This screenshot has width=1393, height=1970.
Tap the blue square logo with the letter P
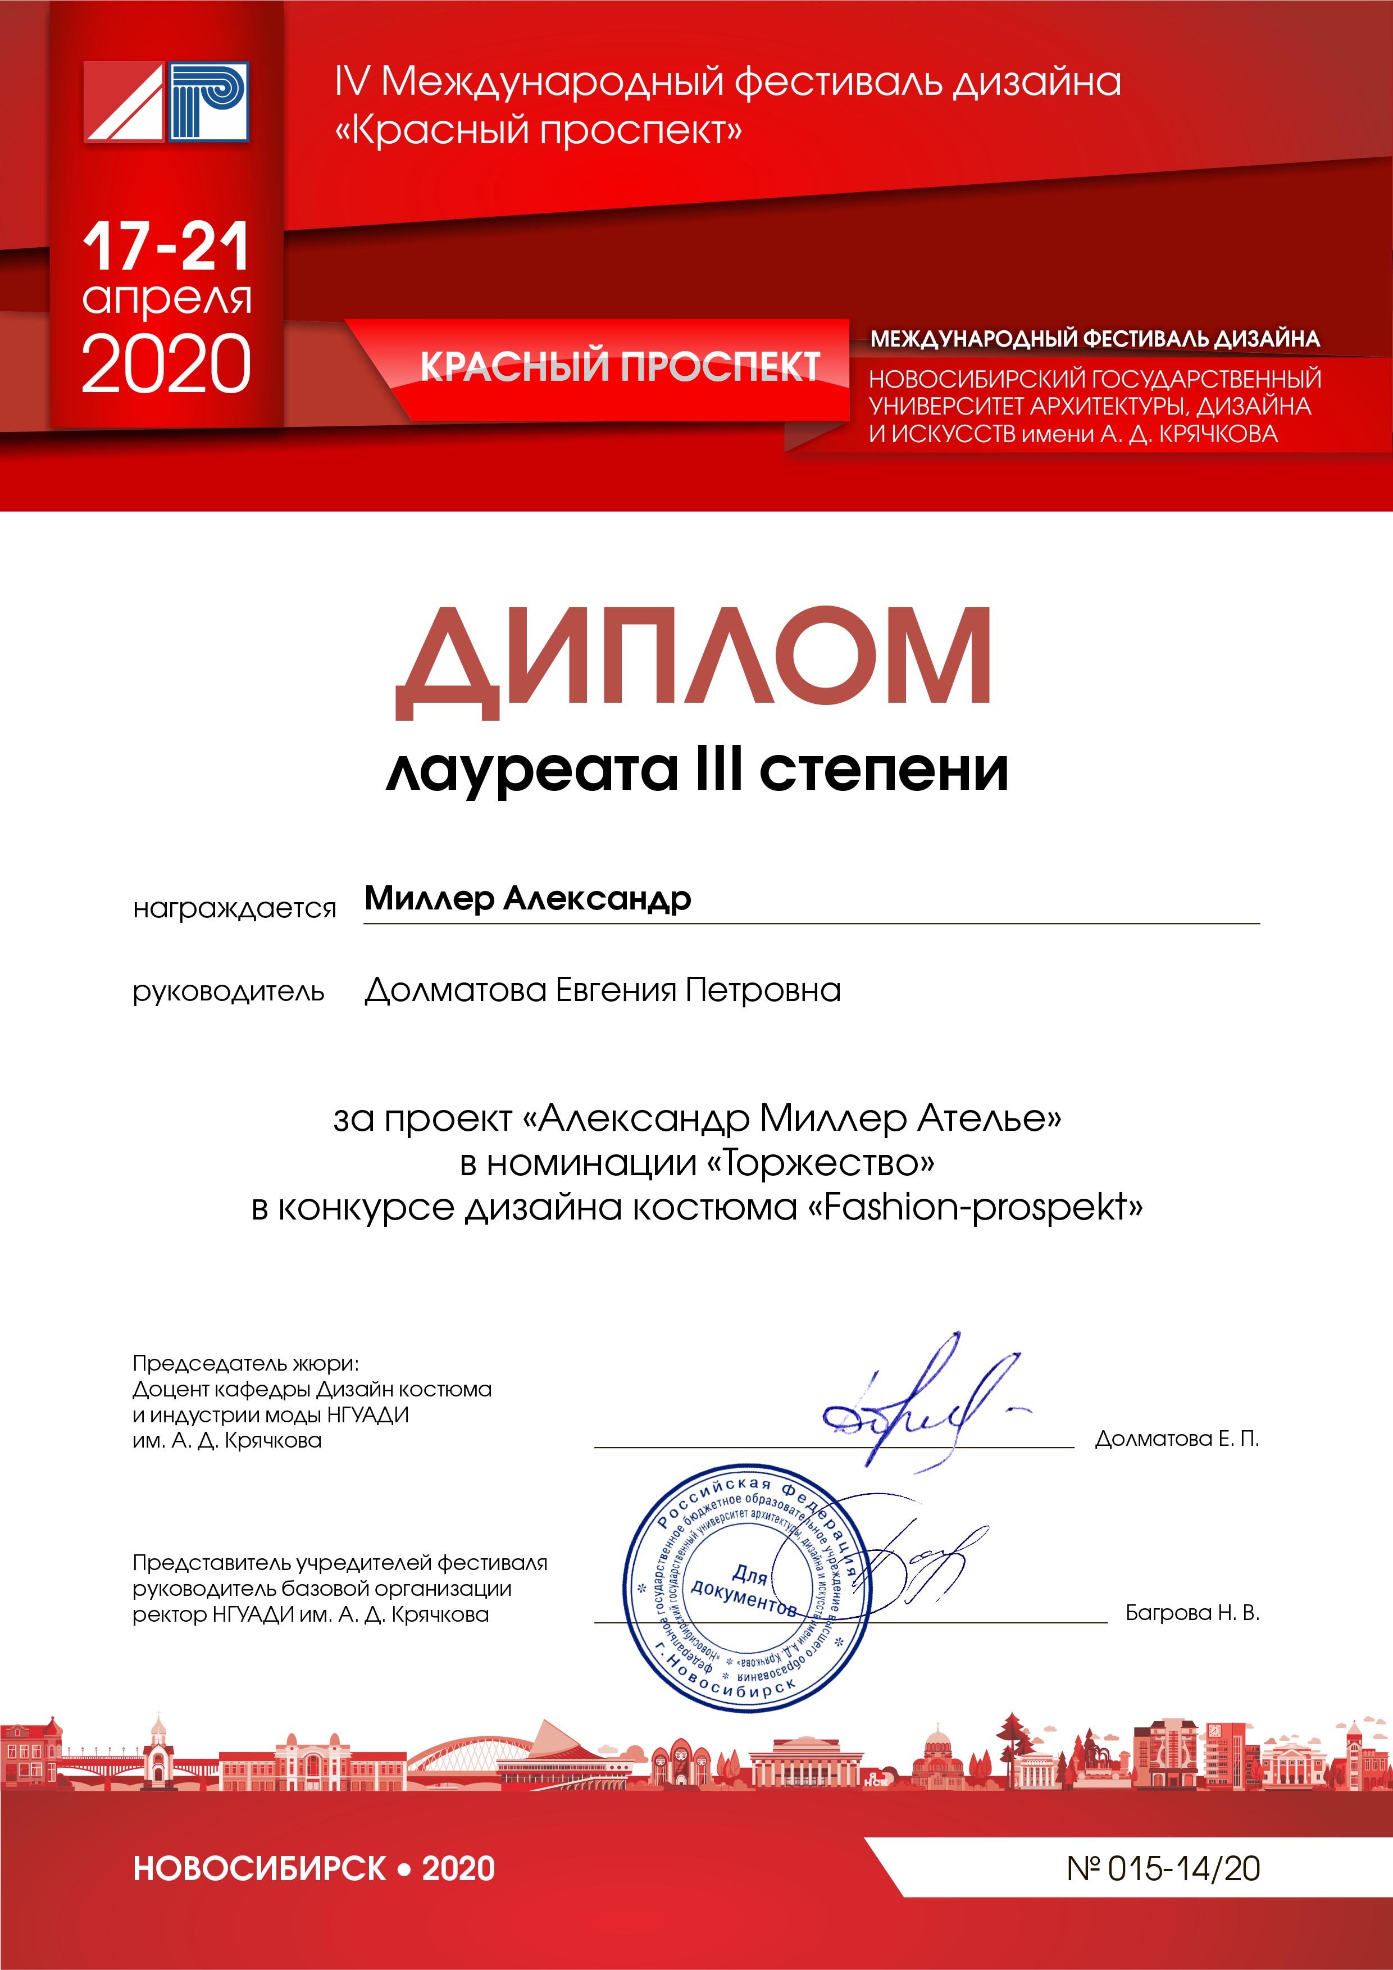[x=208, y=101]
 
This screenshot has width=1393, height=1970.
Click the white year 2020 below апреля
[x=166, y=365]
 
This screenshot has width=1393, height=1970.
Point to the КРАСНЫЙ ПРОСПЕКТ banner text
[x=620, y=366]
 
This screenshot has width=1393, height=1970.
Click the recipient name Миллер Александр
[x=527, y=898]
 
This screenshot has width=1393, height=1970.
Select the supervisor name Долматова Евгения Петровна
[x=602, y=990]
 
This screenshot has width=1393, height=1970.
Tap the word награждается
[x=234, y=908]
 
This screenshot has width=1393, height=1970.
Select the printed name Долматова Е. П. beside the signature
[x=1177, y=1439]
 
